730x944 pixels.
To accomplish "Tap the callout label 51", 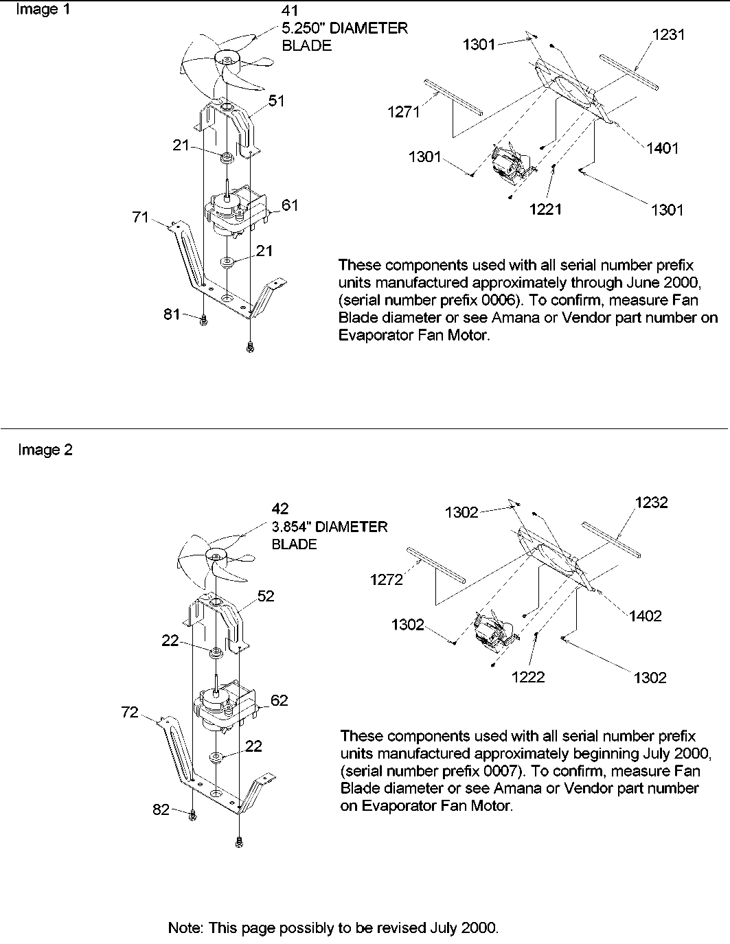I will pos(276,101).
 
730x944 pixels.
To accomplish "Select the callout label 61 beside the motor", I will pos(290,205).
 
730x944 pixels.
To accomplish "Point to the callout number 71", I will pos(141,218).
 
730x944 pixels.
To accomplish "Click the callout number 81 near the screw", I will pos(172,314).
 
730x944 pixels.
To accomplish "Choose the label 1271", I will pos(403,112).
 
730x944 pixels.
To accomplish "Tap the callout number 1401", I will pos(662,148).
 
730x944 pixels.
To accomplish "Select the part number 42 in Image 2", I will pos(280,509).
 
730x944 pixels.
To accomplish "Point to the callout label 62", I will pos(279,700).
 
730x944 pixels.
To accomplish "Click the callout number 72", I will pos(130,713).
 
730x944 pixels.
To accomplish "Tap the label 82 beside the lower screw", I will pos(161,810).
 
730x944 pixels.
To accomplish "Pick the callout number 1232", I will pos(651,503).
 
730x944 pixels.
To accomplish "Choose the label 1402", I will pos(645,616).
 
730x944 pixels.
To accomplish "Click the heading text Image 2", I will pos(45,450).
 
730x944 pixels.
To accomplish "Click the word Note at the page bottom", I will pos(185,928).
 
